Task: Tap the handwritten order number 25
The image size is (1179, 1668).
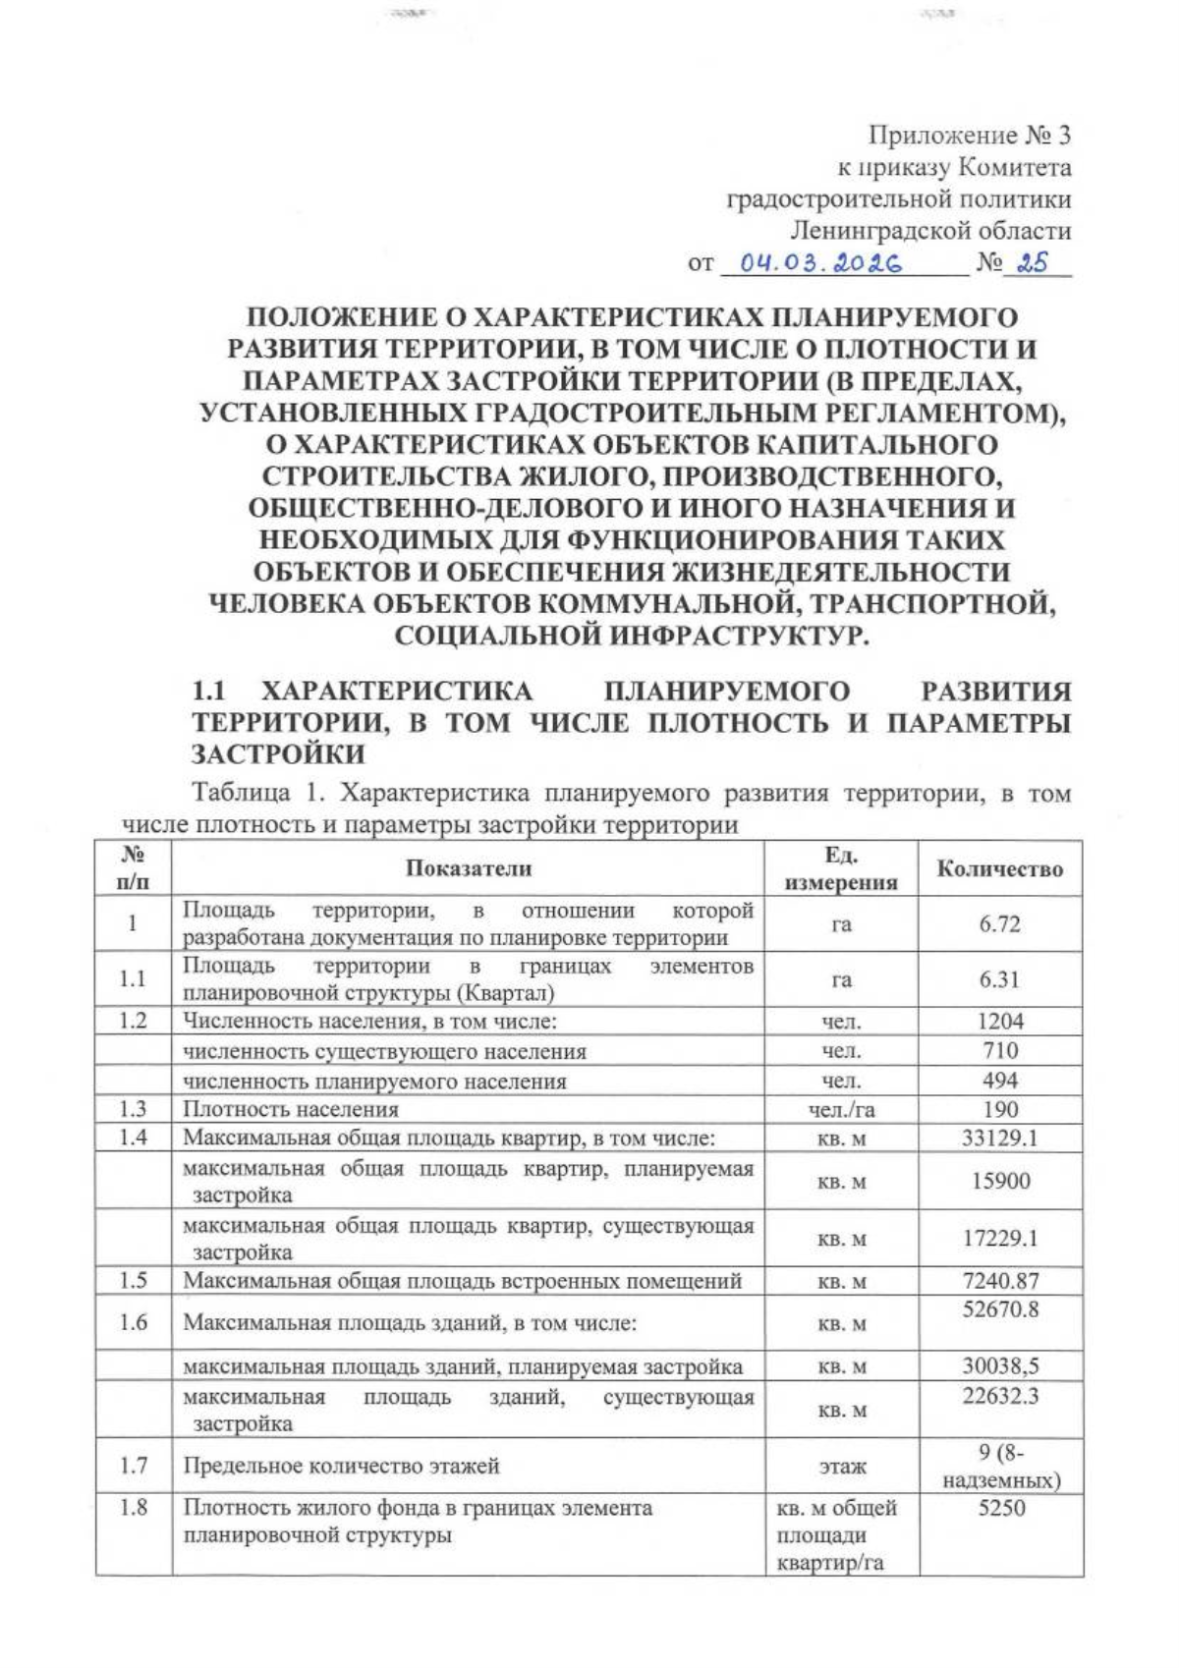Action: pos(1034,263)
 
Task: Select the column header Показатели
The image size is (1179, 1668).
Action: pos(469,868)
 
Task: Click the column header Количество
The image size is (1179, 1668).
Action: pos(999,868)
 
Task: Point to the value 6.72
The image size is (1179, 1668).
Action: pos(999,924)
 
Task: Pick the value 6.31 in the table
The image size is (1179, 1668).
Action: pos(999,979)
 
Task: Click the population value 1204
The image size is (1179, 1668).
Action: pos(999,1021)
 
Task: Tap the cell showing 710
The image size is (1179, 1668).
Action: pos(999,1050)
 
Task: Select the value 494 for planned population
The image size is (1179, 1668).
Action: pos(999,1081)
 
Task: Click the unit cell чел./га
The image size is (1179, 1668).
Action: pos(841,1110)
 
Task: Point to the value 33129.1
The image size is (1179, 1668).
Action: pos(999,1139)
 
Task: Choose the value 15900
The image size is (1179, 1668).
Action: pos(999,1182)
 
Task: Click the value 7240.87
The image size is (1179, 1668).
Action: pos(999,1281)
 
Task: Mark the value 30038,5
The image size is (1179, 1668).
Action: pos(999,1366)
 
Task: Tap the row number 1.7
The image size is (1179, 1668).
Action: pos(133,1467)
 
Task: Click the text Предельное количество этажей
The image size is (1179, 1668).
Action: pos(341,1467)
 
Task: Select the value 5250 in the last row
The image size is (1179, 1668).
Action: pos(1001,1508)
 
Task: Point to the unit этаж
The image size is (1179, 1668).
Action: pos(841,1467)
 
